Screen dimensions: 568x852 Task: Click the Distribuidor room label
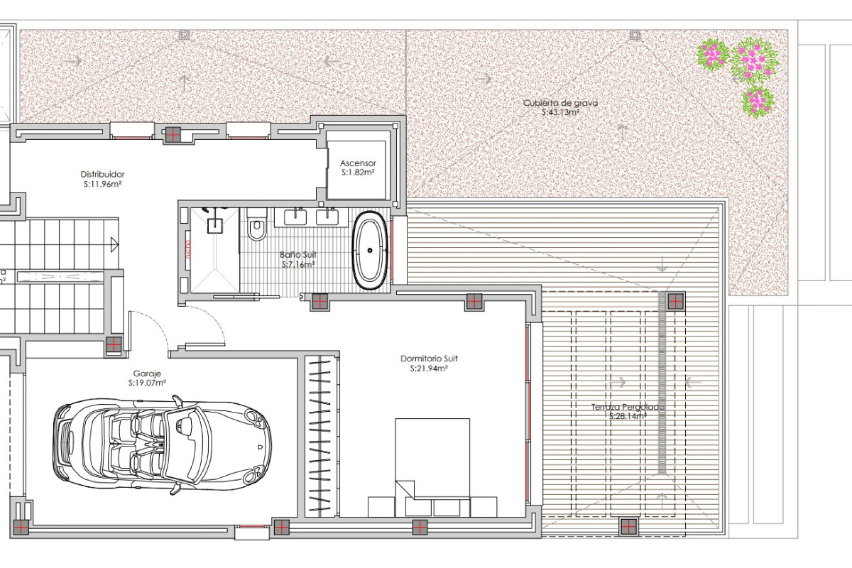[103, 174]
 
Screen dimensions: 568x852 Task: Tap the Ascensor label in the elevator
[358, 163]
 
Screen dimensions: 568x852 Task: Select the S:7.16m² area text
[298, 264]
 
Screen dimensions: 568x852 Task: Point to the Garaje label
[147, 374]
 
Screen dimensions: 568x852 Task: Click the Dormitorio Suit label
[429, 359]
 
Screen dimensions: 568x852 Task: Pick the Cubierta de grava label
[560, 103]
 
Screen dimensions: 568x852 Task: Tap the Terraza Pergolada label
[627, 407]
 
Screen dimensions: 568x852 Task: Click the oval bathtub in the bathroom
[369, 251]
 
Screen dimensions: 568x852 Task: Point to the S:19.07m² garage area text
[147, 383]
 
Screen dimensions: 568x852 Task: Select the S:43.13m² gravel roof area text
[560, 113]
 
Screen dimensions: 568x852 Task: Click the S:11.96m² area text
[103, 184]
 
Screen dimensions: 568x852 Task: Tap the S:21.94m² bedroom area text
[429, 368]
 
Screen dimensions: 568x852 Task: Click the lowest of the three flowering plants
[758, 102]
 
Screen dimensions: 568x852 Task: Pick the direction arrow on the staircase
[114, 245]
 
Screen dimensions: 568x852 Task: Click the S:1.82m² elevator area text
[358, 173]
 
